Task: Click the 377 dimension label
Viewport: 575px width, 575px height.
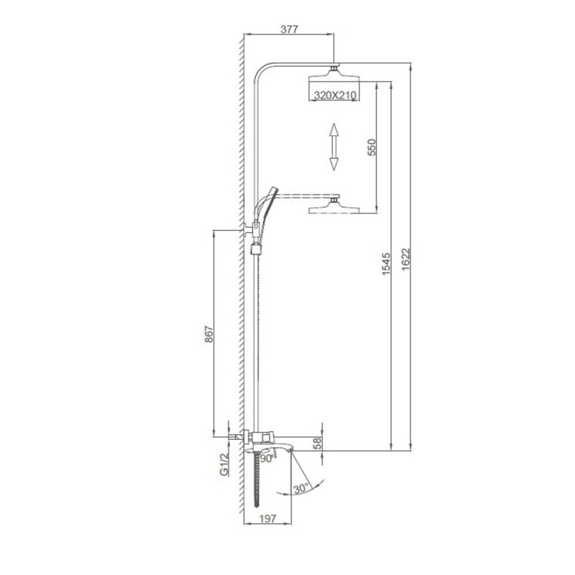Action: coord(290,29)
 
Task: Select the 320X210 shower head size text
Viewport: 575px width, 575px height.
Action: coord(335,96)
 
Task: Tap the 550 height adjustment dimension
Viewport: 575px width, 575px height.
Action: coord(372,147)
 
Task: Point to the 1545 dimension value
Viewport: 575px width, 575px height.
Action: coord(387,264)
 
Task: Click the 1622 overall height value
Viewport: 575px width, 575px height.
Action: coord(405,259)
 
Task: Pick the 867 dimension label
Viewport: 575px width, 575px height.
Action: coord(208,333)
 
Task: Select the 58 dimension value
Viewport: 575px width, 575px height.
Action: coord(318,443)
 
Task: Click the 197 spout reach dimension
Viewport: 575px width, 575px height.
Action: coord(267,518)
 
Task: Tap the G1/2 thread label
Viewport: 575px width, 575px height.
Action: coord(224,464)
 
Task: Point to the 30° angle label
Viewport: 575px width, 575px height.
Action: coord(300,489)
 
